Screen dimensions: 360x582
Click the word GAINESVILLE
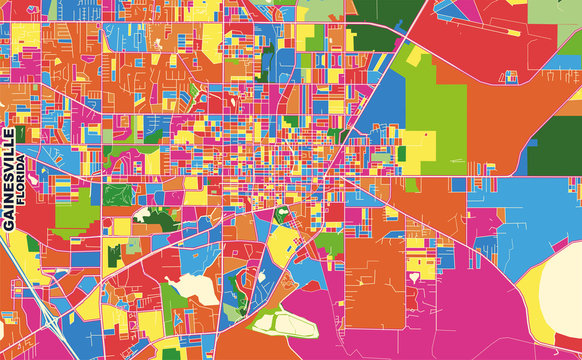10,179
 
